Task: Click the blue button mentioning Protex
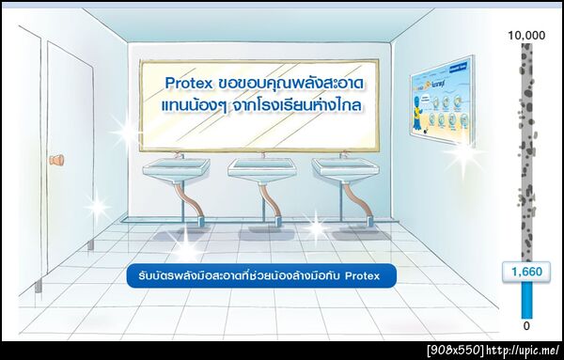[261, 276]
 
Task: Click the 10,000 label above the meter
[526, 35]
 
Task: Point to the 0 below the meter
[526, 326]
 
